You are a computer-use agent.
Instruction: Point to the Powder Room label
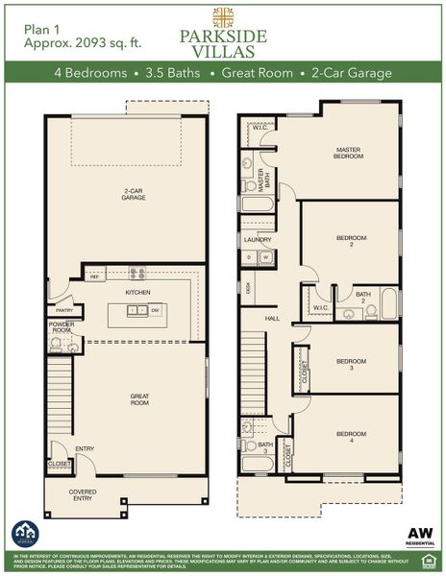tap(62, 327)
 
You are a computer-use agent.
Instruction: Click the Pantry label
tap(63, 310)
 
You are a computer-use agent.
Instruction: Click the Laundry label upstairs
tap(258, 240)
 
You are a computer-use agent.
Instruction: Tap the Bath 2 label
tap(362, 296)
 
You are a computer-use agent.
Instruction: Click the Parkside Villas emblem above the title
tap(223, 16)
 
